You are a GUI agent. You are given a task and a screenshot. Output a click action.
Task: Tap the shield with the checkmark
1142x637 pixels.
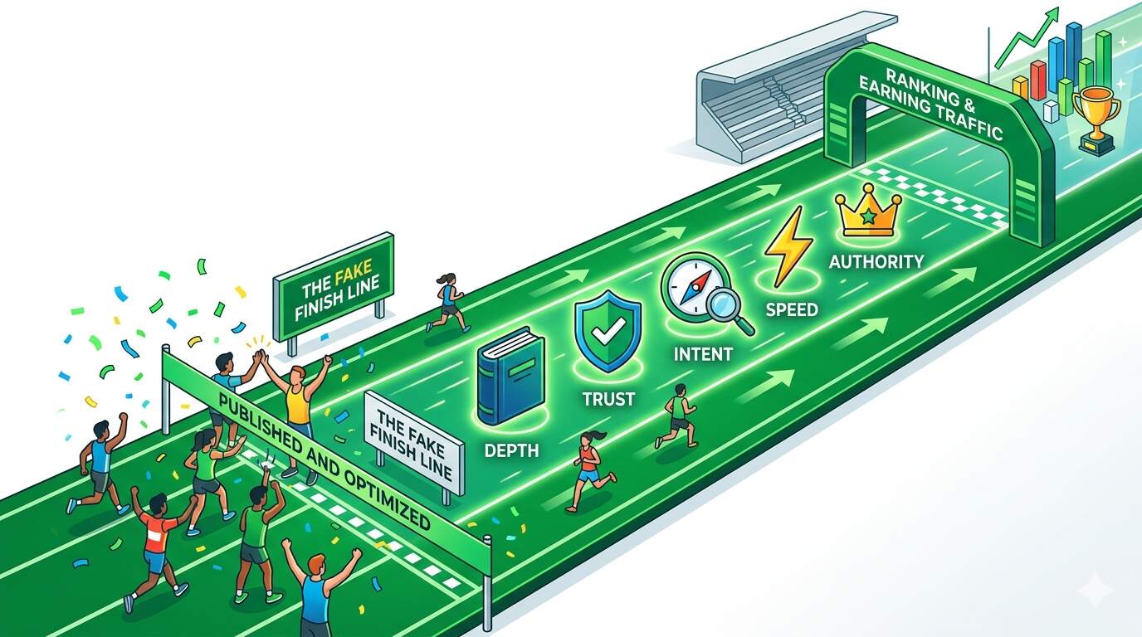(x=608, y=331)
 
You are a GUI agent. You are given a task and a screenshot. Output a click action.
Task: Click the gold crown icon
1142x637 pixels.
(x=868, y=211)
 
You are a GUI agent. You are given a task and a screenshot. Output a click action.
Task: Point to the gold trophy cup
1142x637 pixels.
(x=1096, y=120)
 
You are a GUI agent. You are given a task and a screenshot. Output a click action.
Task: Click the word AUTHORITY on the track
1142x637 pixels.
(x=876, y=262)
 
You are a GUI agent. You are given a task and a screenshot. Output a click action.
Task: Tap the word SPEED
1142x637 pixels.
(x=792, y=309)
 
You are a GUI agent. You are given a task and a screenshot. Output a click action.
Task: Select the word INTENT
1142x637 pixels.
(x=703, y=353)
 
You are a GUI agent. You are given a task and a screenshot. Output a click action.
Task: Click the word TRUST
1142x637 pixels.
(x=608, y=398)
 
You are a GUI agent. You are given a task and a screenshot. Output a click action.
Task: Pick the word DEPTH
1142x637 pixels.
(x=511, y=450)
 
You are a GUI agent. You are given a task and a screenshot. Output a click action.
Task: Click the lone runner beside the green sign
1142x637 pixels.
(x=447, y=302)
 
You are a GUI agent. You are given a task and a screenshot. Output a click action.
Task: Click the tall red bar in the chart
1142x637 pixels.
(x=1038, y=80)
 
